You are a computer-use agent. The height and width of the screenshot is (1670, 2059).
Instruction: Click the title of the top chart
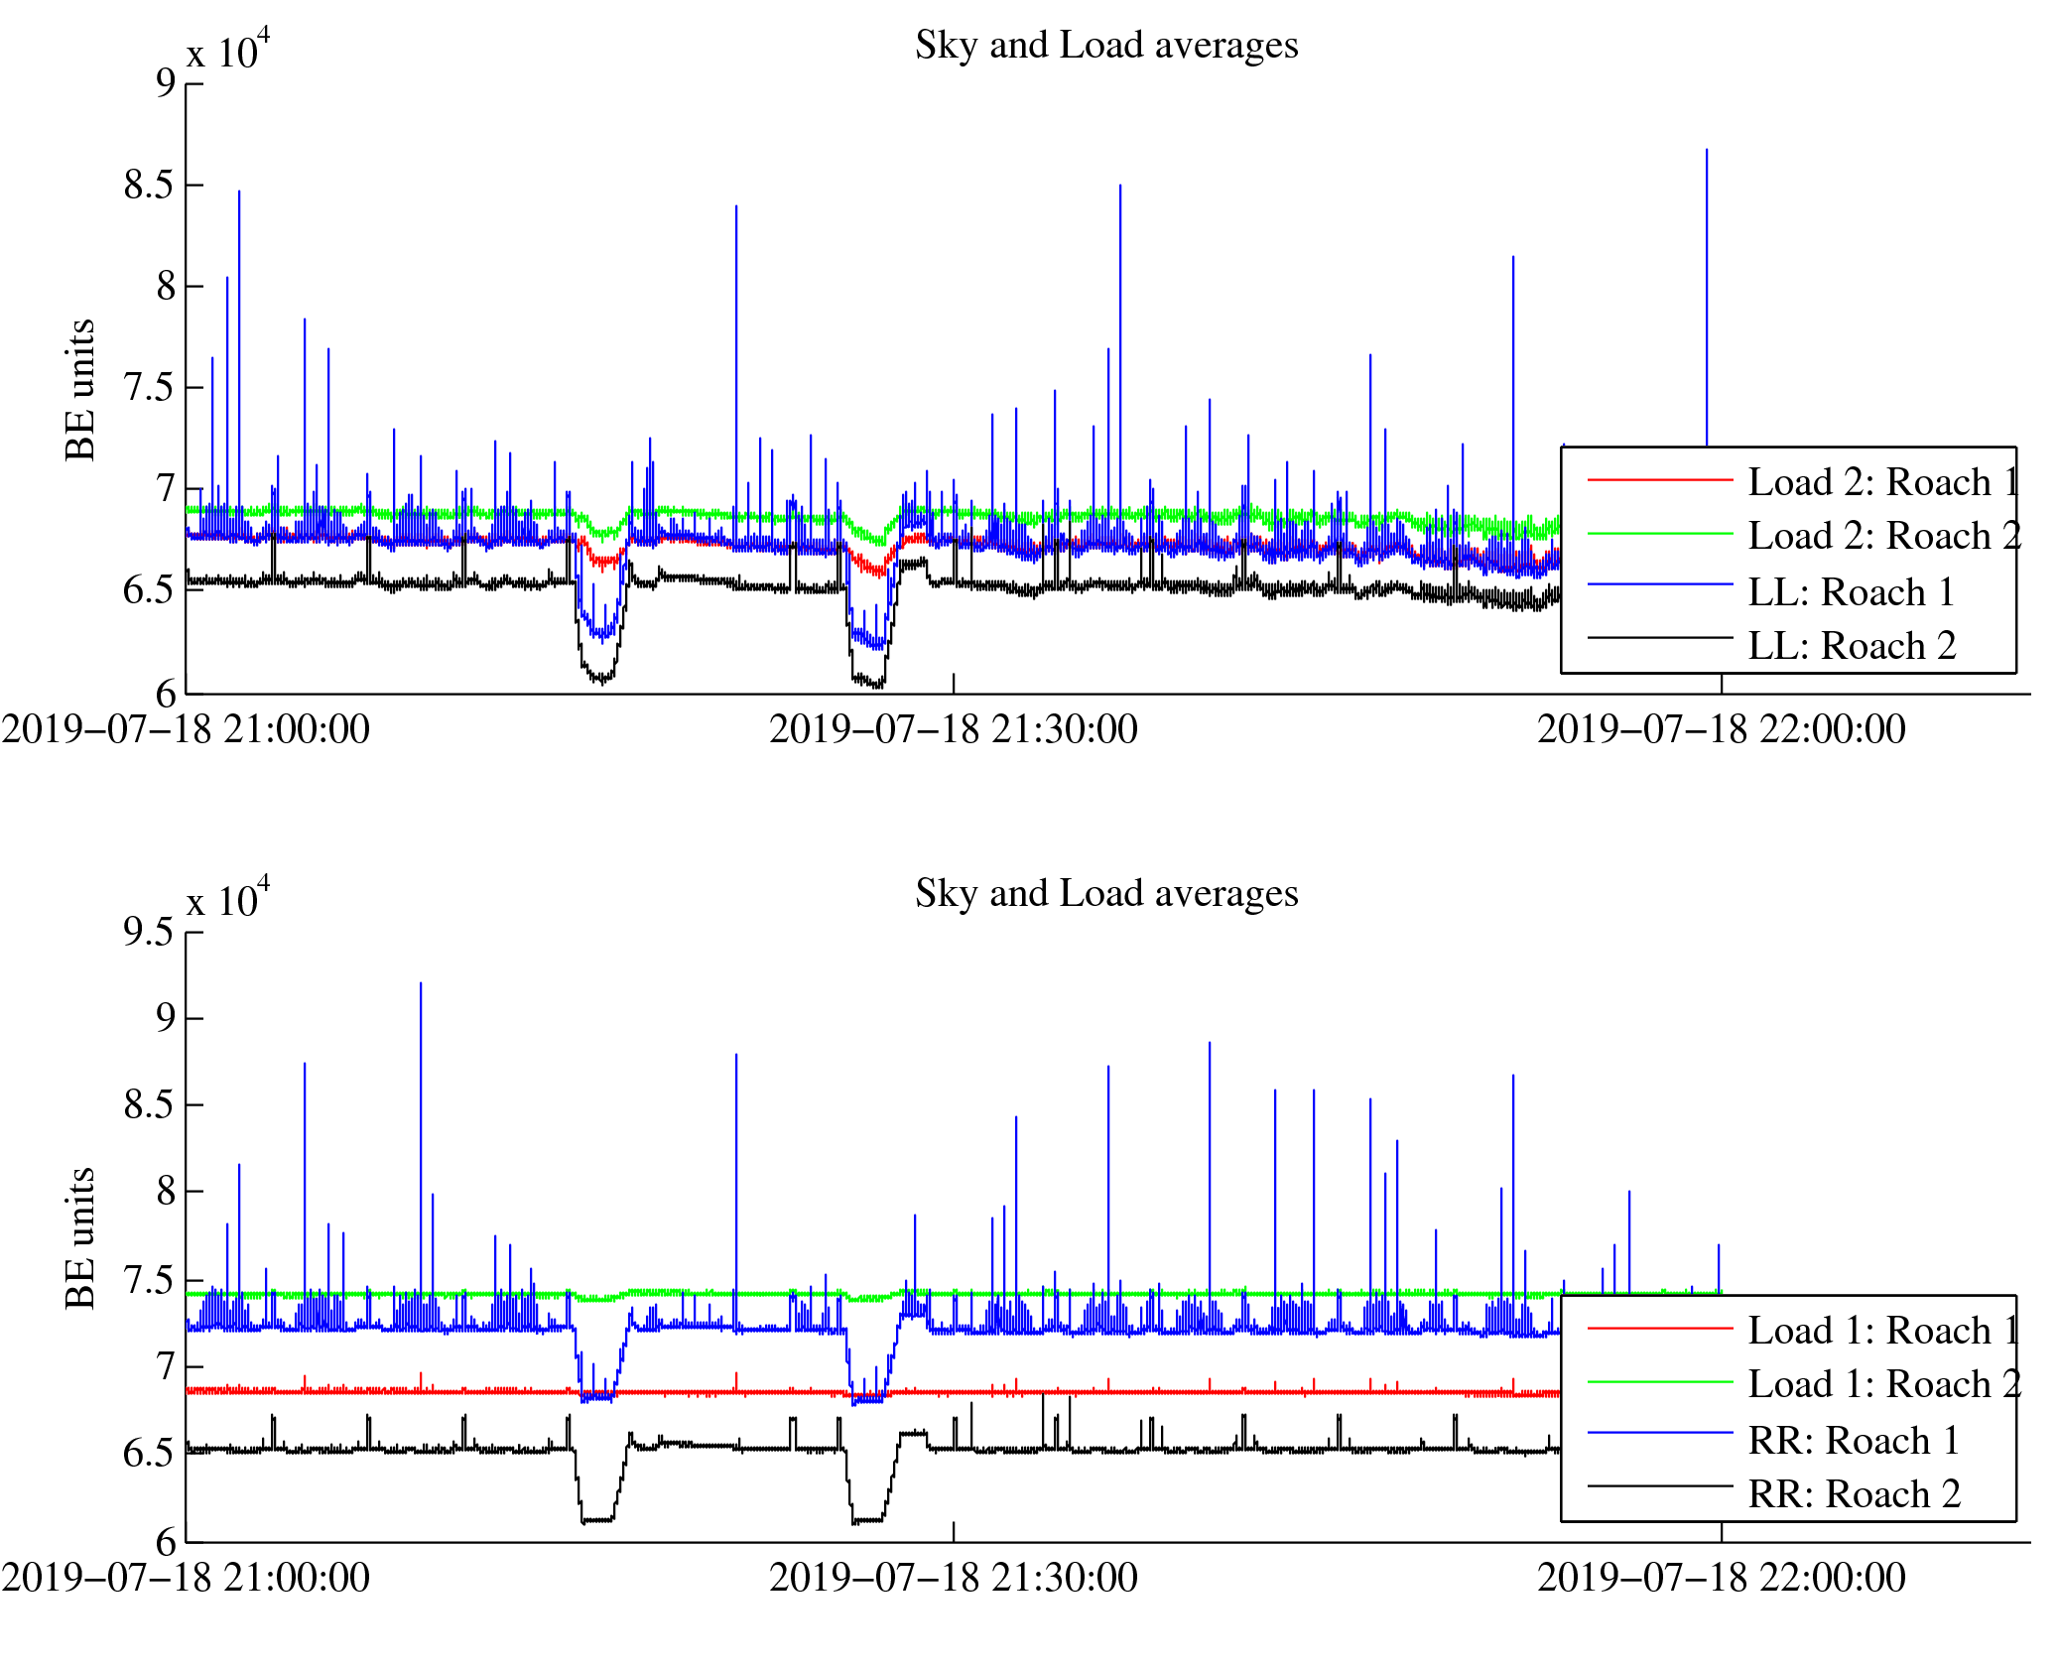(1106, 46)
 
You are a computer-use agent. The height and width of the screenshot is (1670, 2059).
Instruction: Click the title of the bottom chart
(1106, 894)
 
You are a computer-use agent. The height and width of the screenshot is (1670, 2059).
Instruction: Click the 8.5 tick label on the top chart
(148, 186)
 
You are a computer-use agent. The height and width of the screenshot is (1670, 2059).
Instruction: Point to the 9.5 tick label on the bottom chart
(148, 932)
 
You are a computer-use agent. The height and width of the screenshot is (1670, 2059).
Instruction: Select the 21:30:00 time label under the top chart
(953, 730)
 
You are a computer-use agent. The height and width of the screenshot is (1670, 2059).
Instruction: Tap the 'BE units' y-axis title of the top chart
(80, 390)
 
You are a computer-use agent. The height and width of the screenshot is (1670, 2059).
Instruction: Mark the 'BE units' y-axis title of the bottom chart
(80, 1238)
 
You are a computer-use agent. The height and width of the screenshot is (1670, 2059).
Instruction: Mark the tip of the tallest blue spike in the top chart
(1707, 150)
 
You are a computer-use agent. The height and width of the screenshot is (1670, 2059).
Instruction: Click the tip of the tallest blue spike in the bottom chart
(421, 983)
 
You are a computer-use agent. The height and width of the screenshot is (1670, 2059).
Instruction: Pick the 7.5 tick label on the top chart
(148, 388)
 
